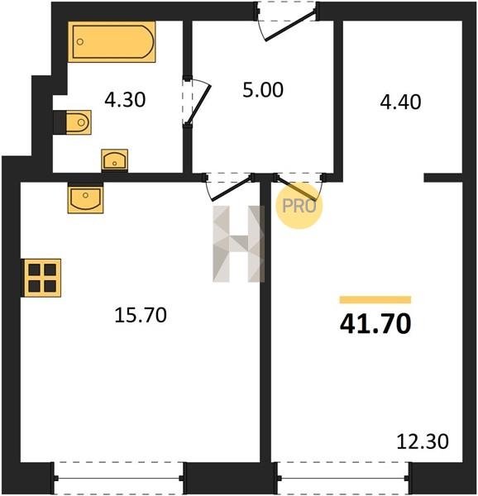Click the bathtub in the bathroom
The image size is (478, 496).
(112, 42)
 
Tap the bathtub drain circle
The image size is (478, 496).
(80, 42)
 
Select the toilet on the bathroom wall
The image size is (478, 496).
(79, 122)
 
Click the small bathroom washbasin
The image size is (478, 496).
(114, 160)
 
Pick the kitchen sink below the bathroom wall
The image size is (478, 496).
(85, 199)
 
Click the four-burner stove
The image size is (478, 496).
(42, 278)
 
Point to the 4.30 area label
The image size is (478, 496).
(125, 99)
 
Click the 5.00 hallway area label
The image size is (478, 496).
(263, 89)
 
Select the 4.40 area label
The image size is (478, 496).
(400, 102)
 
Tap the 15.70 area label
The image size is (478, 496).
(141, 315)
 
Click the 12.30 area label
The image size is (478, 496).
(423, 441)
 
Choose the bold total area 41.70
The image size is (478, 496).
(375, 323)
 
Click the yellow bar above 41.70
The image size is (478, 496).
(375, 299)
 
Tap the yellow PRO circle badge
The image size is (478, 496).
(299, 206)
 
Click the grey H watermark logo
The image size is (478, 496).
(238, 244)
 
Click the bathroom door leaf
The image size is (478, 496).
(199, 104)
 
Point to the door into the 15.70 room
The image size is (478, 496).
(231, 189)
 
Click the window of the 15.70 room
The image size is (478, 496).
(118, 478)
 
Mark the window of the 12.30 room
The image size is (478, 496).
(343, 478)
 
